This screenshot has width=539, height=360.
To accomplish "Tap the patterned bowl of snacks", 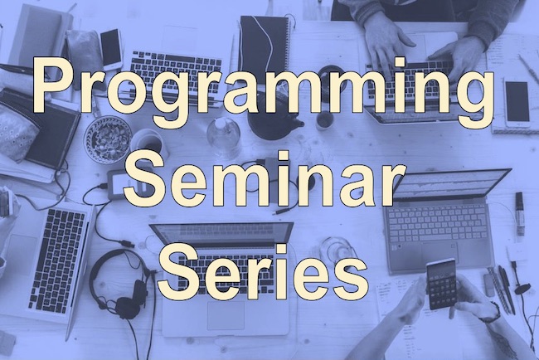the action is (108, 139).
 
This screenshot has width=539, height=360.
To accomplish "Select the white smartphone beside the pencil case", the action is (111, 49).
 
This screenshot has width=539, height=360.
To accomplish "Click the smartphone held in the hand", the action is (441, 284).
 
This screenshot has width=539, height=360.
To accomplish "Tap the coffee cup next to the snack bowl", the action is (148, 143).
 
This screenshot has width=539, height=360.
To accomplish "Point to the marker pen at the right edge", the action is (519, 213).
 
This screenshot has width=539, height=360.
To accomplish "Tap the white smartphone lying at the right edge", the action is (517, 102).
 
